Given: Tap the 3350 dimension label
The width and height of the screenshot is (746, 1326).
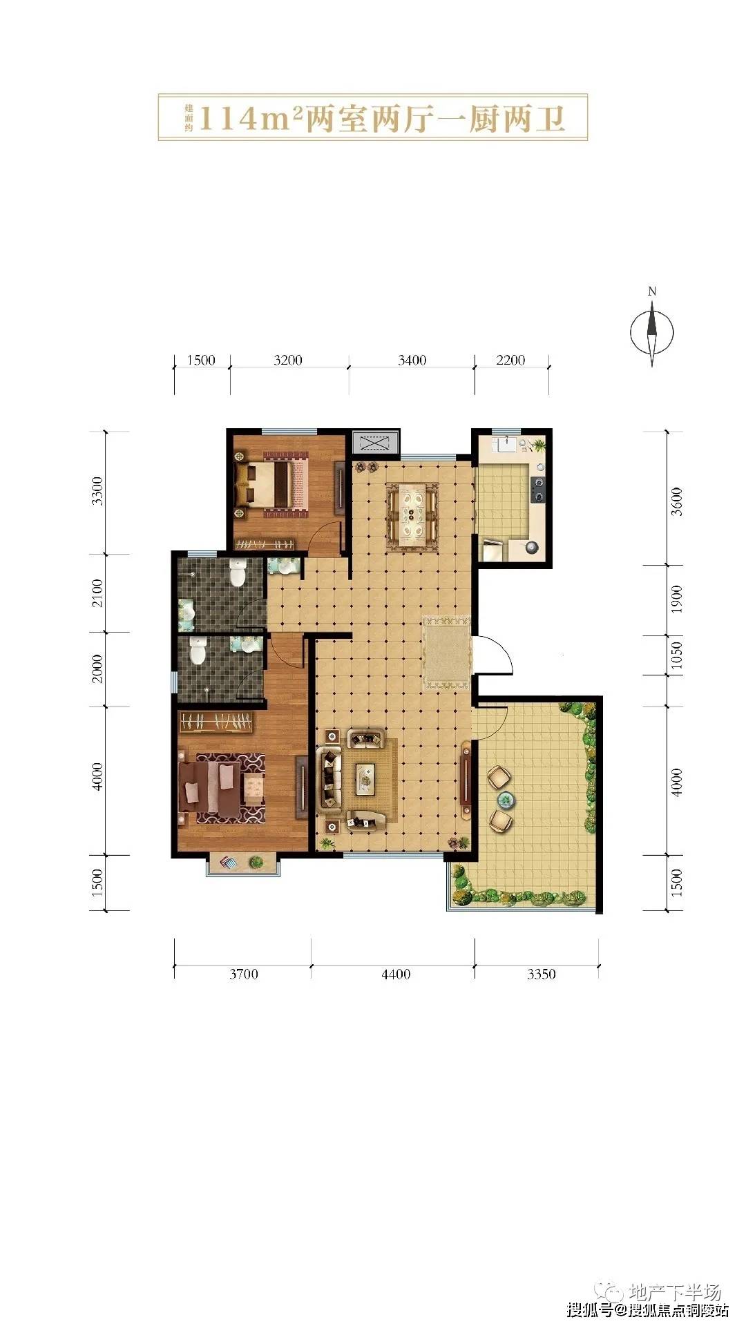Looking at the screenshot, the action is coord(541,974).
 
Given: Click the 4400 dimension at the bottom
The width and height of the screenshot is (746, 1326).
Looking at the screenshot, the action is coord(395,974).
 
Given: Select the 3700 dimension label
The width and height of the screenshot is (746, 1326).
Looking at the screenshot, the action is coord(243,974).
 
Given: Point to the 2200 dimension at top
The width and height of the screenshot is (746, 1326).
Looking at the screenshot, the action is coord(510,360).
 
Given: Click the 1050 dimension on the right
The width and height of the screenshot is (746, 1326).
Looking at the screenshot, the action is coord(677,655).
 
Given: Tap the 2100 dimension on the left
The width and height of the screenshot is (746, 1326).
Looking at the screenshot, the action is coord(97,593).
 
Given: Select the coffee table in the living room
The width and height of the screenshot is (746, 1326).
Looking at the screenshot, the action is coord(366,779).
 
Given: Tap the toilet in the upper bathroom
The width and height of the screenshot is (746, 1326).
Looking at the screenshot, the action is coord(238,573).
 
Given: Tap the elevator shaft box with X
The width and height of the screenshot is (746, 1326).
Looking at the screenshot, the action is coord(375,442).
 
